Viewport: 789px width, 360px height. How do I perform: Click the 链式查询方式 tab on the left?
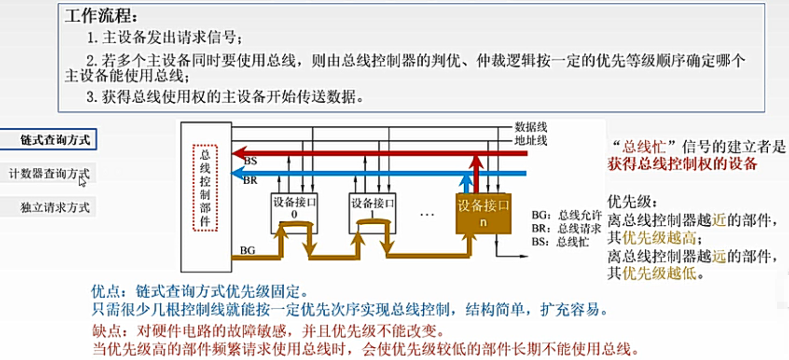tap(49, 139)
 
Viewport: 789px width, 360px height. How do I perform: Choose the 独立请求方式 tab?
tap(49, 207)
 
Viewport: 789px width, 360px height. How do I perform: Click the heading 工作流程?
tap(100, 16)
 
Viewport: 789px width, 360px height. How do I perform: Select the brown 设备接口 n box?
tap(483, 213)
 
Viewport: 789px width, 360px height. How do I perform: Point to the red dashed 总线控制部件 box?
tap(205, 188)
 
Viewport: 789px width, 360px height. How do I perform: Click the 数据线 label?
tap(531, 126)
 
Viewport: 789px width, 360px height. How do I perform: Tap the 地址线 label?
tap(531, 140)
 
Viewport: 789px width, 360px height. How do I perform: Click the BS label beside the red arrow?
tap(251, 161)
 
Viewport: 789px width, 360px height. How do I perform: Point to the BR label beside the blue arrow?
tap(250, 180)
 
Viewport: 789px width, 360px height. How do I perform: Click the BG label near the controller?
tap(247, 250)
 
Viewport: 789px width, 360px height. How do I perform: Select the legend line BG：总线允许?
tap(567, 215)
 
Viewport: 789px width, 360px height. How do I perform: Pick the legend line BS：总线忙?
tap(560, 242)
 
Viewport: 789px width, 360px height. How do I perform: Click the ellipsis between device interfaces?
tap(427, 215)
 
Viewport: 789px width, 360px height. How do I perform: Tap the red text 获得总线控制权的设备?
tap(682, 164)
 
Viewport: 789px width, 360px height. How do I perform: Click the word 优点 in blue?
tap(105, 292)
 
